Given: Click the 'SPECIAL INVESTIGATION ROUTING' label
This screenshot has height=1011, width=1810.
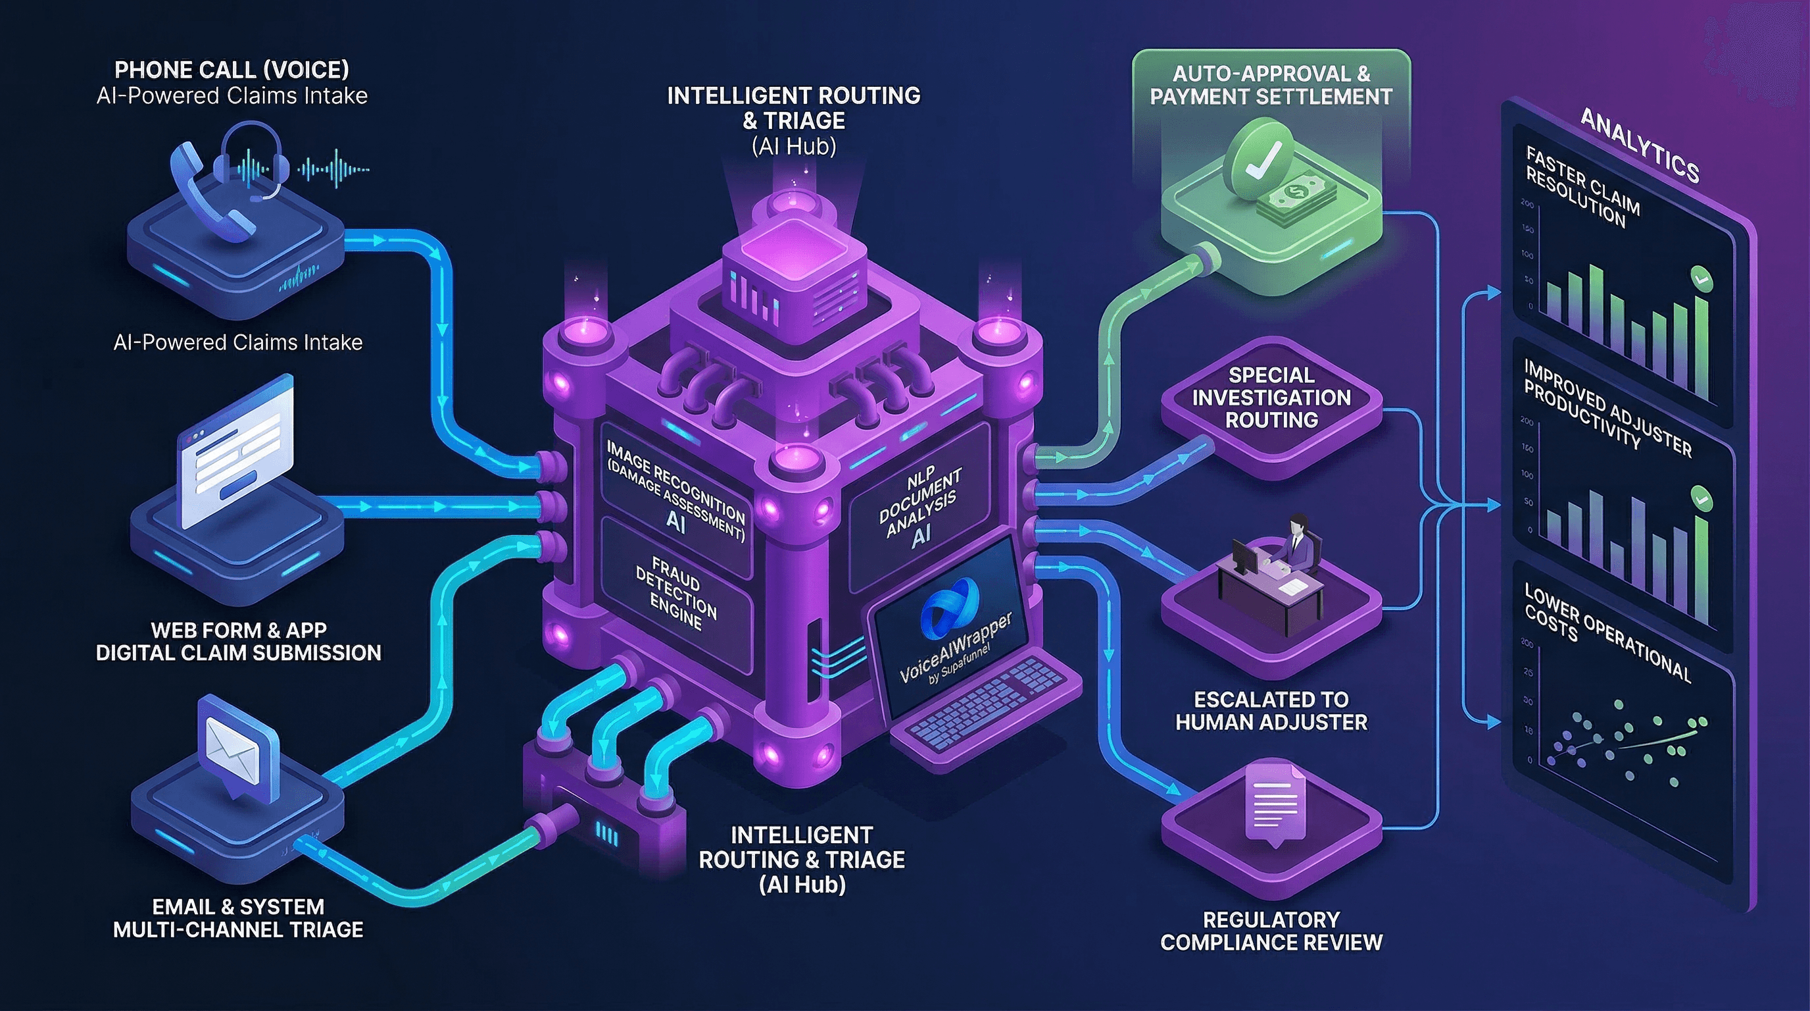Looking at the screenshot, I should (1271, 398).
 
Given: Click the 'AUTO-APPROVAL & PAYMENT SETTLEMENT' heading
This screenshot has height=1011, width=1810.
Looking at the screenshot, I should (1271, 85).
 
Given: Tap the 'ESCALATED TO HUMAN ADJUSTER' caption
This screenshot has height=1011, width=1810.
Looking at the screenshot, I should (1271, 711).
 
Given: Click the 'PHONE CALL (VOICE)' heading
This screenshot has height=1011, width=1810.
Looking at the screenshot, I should (232, 70).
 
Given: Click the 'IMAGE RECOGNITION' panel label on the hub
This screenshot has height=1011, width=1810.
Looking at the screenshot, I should (676, 478).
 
